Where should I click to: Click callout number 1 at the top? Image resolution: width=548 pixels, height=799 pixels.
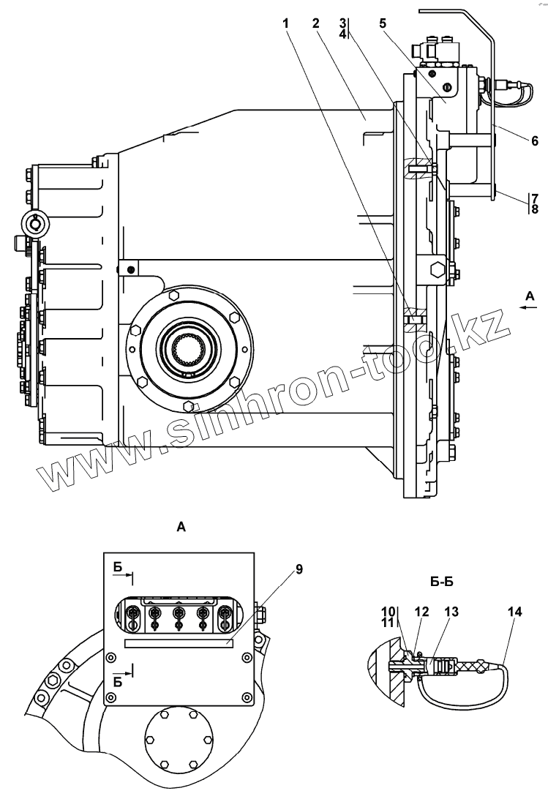tap(287, 23)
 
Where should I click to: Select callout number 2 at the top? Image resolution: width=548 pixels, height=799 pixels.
tap(316, 23)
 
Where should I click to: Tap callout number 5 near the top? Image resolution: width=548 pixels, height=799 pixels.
tap(383, 23)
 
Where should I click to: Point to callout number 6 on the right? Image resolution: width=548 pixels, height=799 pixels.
tap(535, 140)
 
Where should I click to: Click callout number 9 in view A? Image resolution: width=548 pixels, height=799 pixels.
tap(299, 569)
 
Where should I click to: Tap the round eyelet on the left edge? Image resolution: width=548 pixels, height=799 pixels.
tap(34, 222)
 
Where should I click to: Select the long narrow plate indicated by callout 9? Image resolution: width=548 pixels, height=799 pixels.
tap(179, 643)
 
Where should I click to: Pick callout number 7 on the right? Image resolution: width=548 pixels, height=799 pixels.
tap(535, 198)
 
